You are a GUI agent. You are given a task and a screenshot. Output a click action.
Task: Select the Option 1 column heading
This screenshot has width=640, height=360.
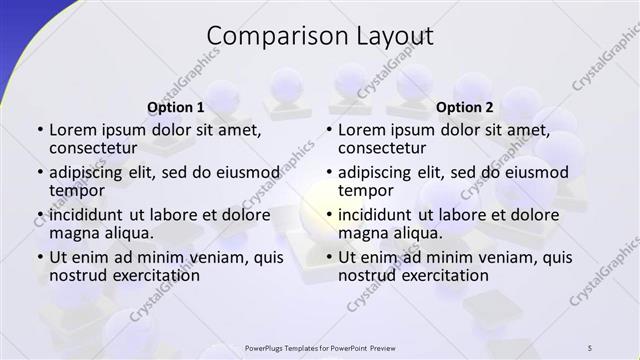[x=175, y=107]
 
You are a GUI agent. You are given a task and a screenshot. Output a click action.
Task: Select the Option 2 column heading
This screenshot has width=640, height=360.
[x=464, y=107]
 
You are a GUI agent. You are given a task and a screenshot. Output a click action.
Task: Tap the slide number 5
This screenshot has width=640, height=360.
[x=590, y=347]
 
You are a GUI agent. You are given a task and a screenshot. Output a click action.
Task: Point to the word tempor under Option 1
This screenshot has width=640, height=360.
[x=77, y=190]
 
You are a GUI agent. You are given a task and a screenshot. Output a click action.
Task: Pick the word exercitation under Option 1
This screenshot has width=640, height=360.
[x=149, y=275]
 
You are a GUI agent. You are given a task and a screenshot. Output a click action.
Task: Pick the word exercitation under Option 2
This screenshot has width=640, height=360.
[x=439, y=275]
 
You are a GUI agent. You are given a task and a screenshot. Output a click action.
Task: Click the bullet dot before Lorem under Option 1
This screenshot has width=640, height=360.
[x=39, y=130]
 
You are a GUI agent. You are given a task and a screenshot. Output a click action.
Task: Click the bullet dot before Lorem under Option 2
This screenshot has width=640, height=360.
[x=328, y=130]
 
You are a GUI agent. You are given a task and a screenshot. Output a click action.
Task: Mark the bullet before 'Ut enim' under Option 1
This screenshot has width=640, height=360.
[x=39, y=257]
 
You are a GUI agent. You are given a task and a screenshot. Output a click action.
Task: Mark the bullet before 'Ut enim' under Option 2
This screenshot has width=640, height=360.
[x=328, y=257]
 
